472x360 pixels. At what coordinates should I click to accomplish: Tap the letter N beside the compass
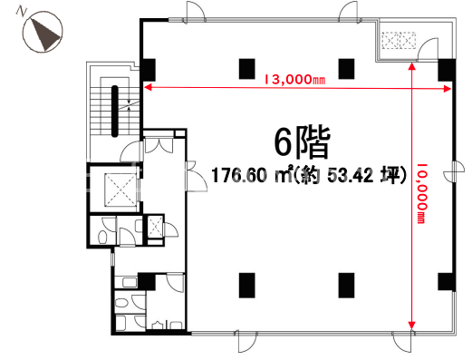(21, 12)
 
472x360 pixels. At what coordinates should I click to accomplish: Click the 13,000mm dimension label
(294, 80)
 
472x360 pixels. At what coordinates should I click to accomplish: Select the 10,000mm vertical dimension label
(422, 193)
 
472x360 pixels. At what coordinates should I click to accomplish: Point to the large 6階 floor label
(302, 143)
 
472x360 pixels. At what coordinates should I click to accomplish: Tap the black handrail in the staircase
(115, 112)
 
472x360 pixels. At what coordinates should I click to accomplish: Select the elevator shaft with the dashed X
(120, 190)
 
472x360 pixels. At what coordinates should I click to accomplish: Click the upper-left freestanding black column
(247, 69)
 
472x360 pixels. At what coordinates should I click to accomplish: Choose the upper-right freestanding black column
(346, 69)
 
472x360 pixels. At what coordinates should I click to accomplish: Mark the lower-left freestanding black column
(247, 286)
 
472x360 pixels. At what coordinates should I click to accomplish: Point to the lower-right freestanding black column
(346, 286)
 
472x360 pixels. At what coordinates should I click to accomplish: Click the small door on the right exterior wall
(455, 171)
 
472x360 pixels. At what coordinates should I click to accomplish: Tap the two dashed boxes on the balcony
(399, 40)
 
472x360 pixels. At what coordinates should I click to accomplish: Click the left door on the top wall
(195, 12)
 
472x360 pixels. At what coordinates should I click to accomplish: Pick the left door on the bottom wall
(246, 341)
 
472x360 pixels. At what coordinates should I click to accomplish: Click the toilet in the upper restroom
(102, 237)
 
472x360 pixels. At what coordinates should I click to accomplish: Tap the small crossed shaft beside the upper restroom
(155, 227)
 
